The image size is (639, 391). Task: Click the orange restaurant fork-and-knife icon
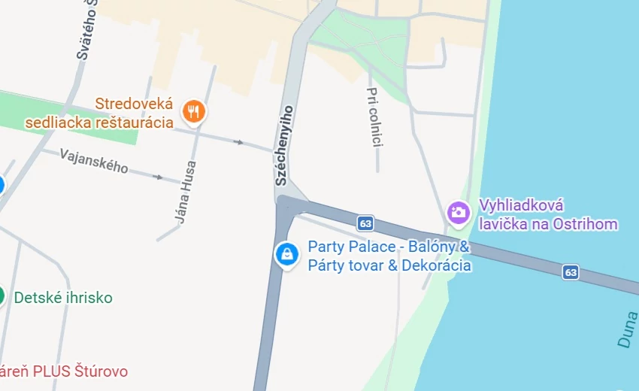coord(195,112)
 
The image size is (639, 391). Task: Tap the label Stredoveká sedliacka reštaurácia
coord(99,113)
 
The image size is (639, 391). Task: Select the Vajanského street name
coord(94,161)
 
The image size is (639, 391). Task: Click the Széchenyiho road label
coord(283,145)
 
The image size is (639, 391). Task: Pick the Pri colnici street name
coord(374,117)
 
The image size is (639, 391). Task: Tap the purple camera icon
coord(458,212)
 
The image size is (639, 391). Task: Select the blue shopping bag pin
coord(286,254)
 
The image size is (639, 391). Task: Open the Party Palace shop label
coord(389,256)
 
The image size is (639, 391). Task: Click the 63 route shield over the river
coord(571,271)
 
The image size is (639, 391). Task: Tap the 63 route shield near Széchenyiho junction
coord(365,223)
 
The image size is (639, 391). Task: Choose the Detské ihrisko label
coord(63,298)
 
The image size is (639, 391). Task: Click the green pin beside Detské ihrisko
coord(2,296)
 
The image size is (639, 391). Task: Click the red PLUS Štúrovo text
coord(64,371)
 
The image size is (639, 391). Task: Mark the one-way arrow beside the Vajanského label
coord(157,177)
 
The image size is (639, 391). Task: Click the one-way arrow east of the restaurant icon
coord(239,141)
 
